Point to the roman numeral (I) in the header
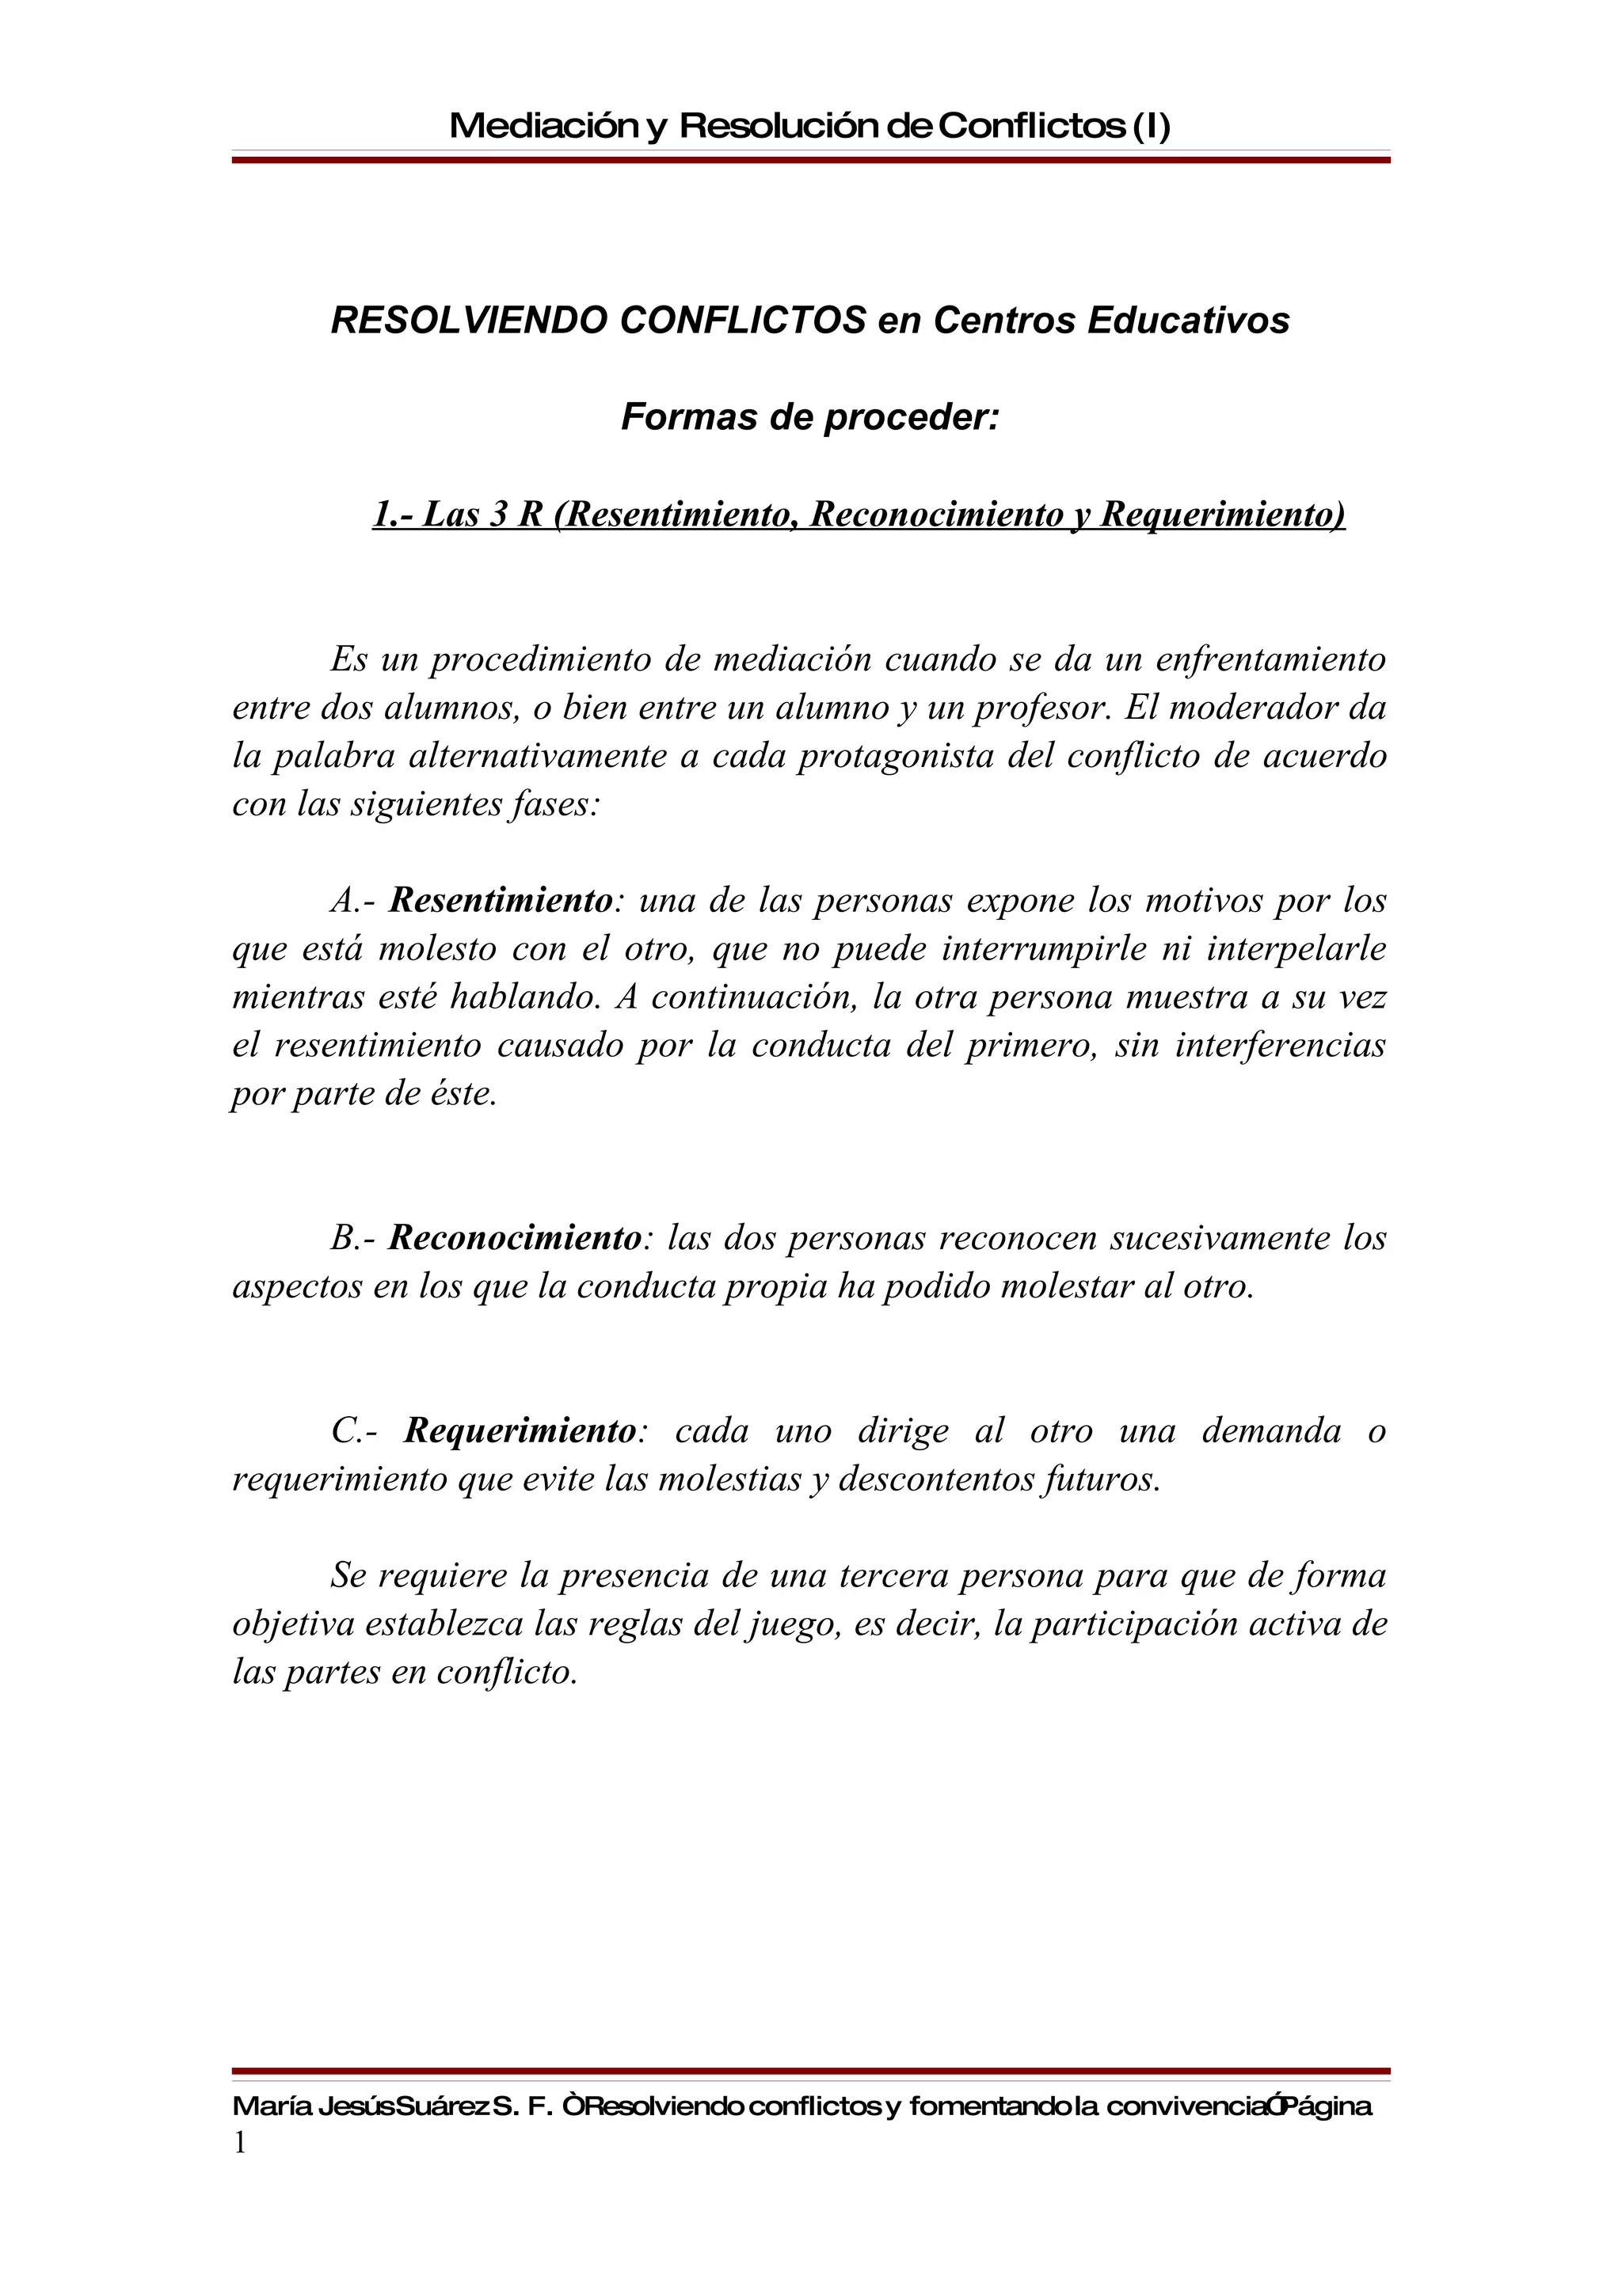coord(1149,126)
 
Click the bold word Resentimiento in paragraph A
coord(500,900)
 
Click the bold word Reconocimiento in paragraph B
coord(514,1238)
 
